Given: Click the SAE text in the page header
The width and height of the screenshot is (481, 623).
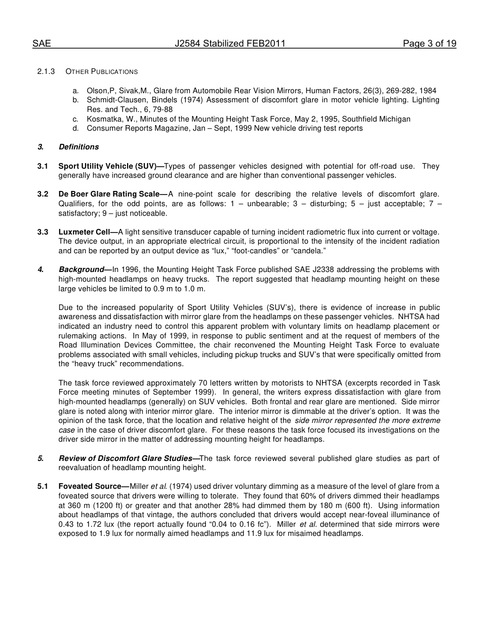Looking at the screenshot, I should click(x=42, y=44).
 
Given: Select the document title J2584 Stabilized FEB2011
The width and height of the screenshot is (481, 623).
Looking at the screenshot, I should click(x=230, y=44).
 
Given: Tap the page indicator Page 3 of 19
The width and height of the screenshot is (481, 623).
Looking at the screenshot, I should click(x=429, y=44).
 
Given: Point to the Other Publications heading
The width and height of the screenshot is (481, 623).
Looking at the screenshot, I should click(x=101, y=71).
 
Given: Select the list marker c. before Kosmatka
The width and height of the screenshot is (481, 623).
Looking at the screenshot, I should click(x=75, y=119).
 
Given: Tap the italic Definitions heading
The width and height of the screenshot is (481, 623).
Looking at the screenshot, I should click(x=78, y=147).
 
